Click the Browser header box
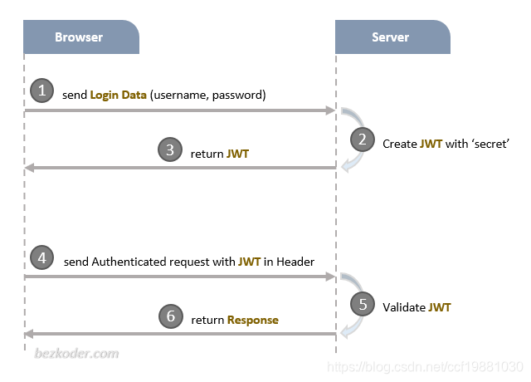[80, 37]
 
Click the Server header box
[391, 37]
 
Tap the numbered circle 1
[41, 91]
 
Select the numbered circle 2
[362, 140]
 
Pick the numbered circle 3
[170, 150]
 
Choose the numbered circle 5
[362, 304]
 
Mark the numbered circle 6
[170, 316]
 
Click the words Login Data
[118, 95]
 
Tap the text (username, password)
[207, 95]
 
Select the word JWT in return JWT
[238, 154]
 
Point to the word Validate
[403, 308]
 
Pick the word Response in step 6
[253, 320]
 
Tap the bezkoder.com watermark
[77, 354]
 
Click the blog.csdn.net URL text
[425, 365]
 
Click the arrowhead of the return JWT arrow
[29, 168]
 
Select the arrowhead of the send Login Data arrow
[330, 110]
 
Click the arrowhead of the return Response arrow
[29, 334]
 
